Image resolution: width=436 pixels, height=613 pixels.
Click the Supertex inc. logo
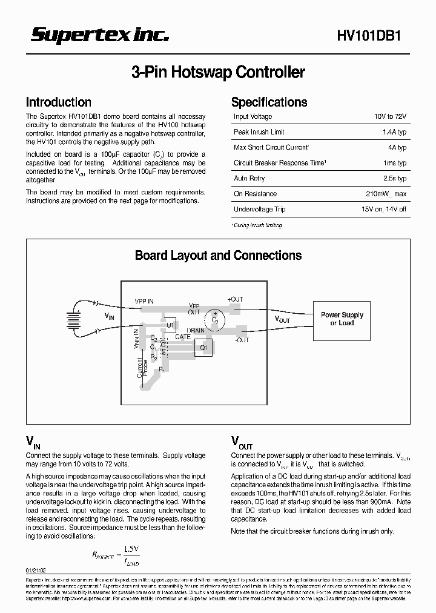pyautogui.click(x=99, y=36)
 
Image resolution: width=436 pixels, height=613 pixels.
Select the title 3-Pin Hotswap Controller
pyautogui.click(x=218, y=73)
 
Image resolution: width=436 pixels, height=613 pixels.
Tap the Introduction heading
pyautogui.click(x=59, y=102)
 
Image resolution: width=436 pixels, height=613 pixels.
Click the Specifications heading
pyautogui.click(x=269, y=102)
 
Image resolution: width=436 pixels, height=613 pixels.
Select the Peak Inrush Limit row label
pyautogui.click(x=259, y=132)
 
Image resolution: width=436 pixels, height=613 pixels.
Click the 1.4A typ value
pyautogui.click(x=394, y=132)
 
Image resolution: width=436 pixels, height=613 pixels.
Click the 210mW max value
pyautogui.click(x=387, y=194)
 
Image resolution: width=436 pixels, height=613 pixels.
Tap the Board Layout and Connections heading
pyautogui.click(x=218, y=256)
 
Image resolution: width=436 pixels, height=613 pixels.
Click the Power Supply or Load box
pyautogui.click(x=342, y=319)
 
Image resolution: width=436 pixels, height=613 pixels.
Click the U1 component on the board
pyautogui.click(x=170, y=325)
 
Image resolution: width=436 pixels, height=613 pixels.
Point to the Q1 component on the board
pyautogui.click(x=203, y=348)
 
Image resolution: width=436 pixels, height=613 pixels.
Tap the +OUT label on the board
pyautogui.click(x=235, y=300)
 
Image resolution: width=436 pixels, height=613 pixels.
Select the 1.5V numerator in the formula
pyautogui.click(x=131, y=549)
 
